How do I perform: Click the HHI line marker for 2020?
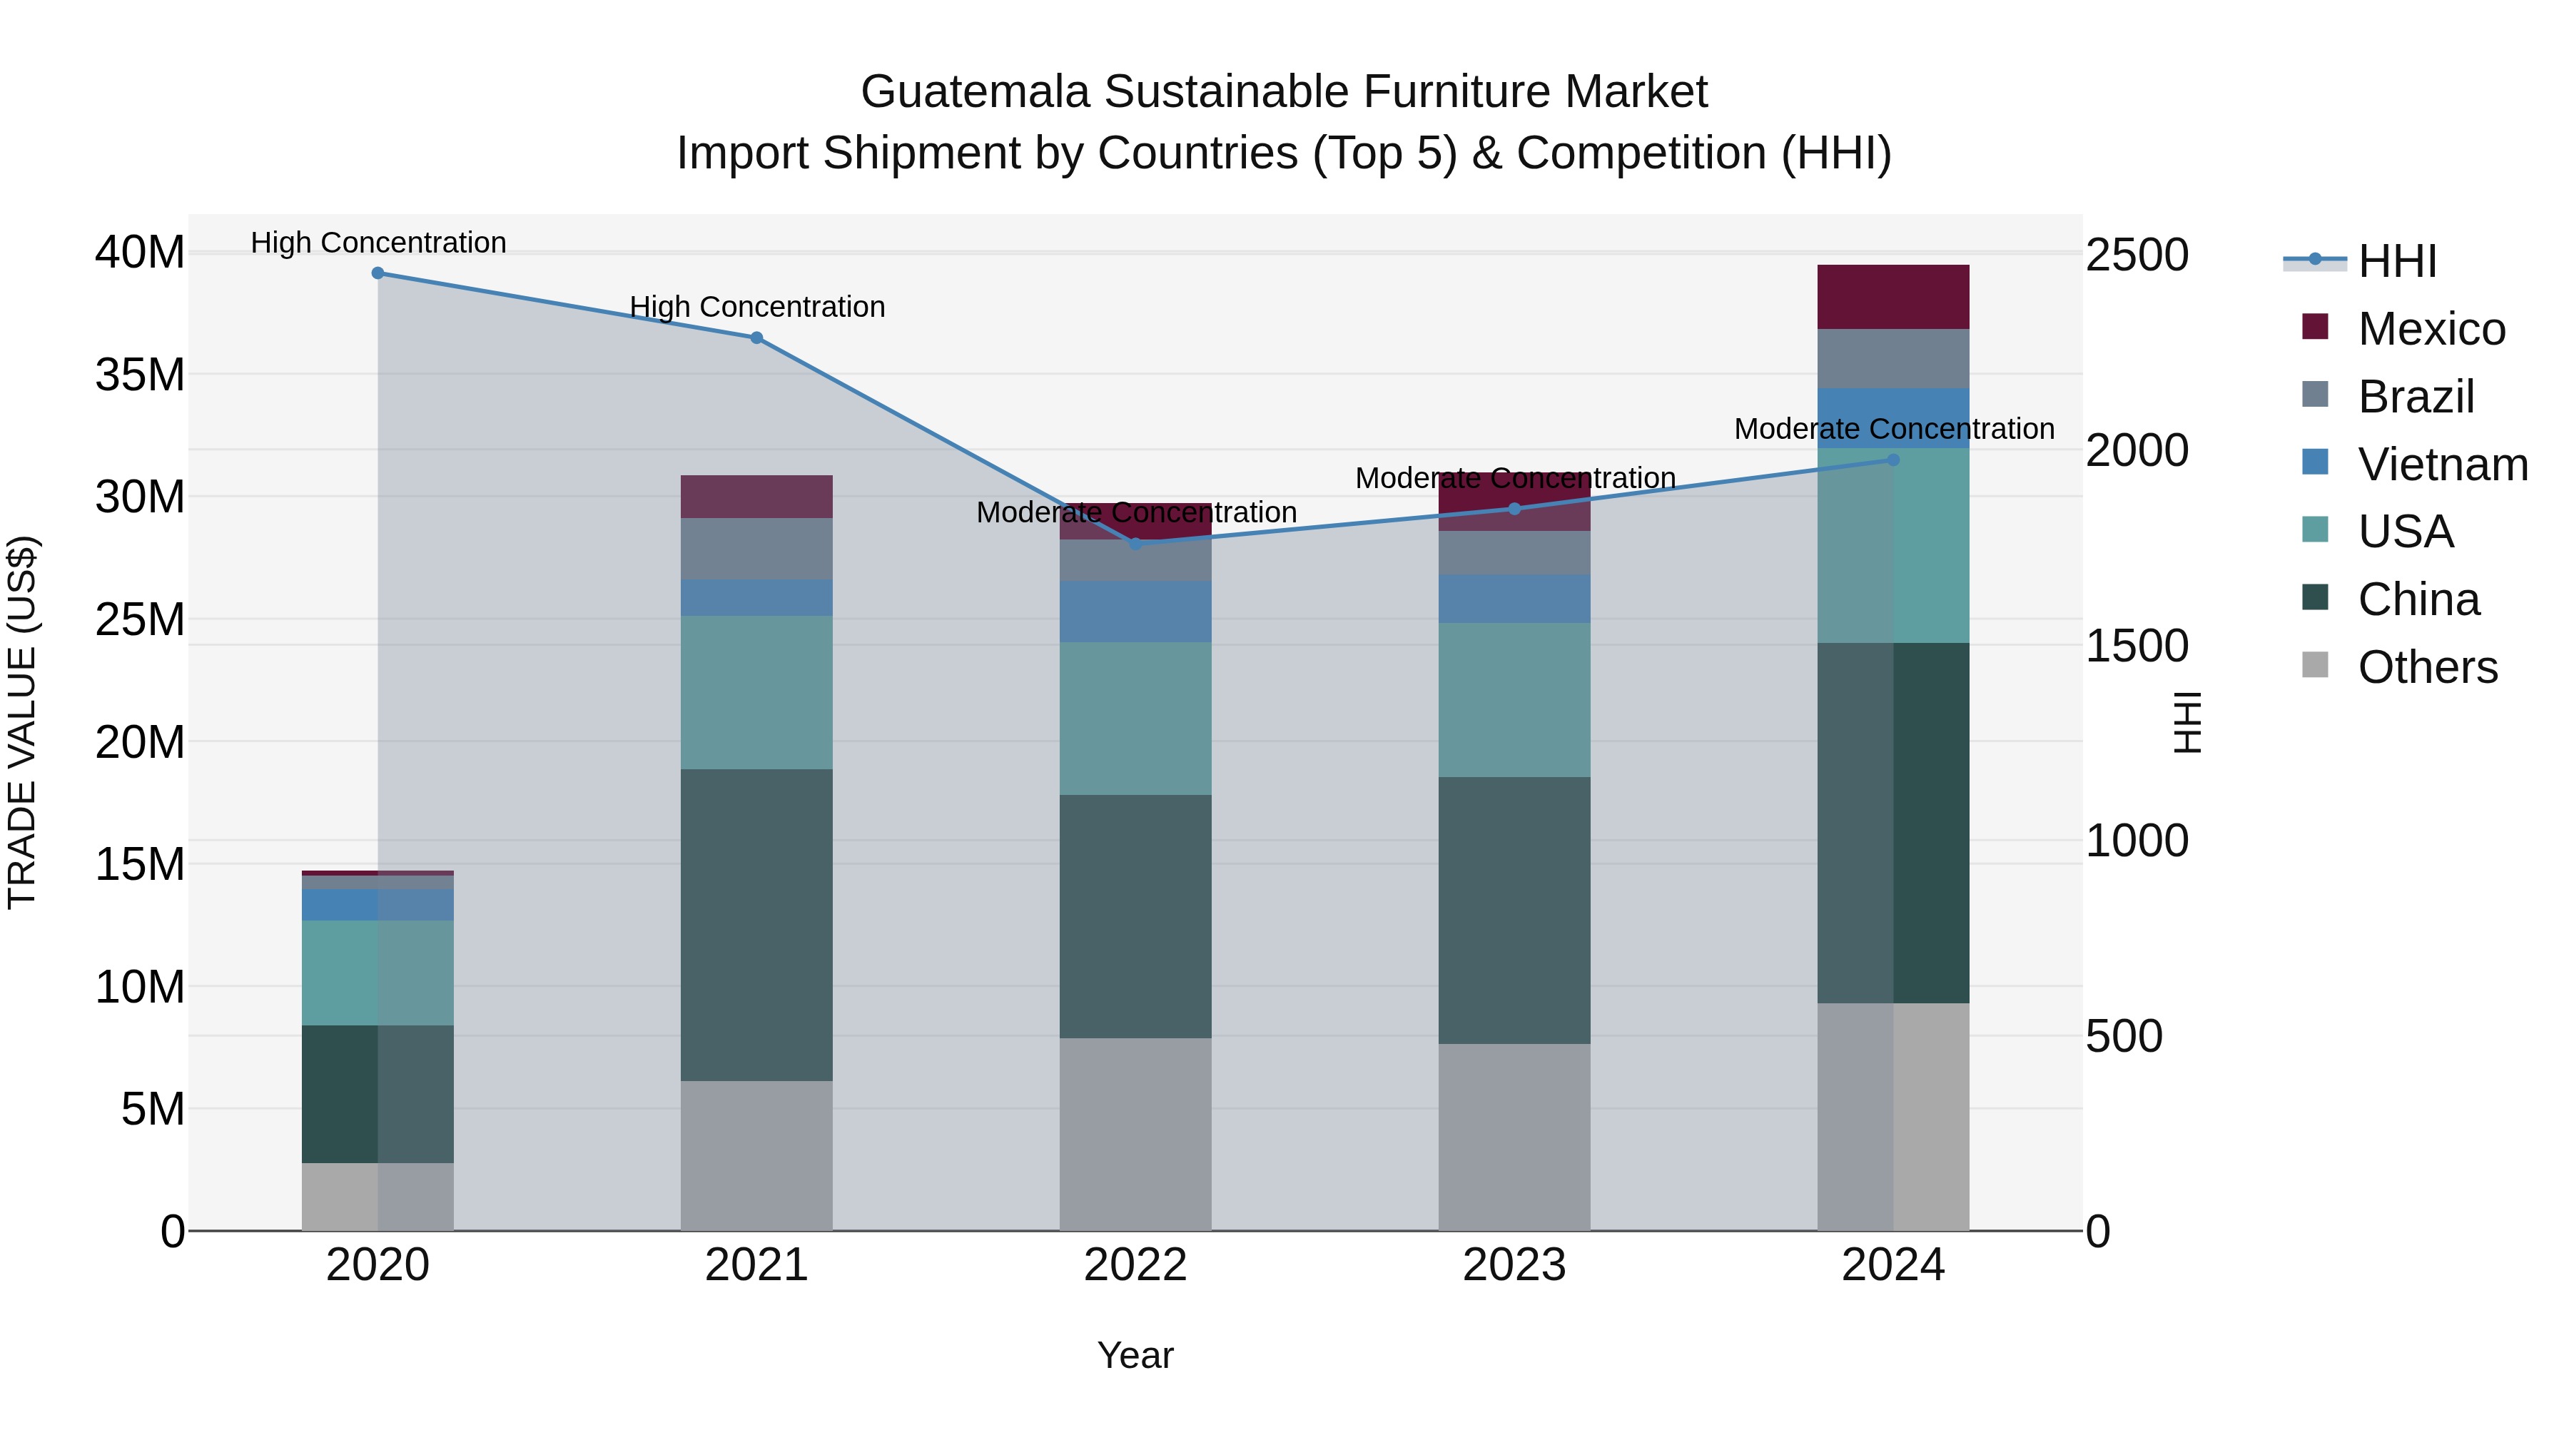tap(378, 273)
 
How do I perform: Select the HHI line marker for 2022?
tap(1135, 544)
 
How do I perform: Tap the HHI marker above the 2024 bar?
tap(1892, 460)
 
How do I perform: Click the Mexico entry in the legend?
tap(2431, 329)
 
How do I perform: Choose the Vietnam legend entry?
tap(2441, 465)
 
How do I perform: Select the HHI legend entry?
tap(2396, 261)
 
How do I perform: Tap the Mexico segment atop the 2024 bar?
tap(1892, 297)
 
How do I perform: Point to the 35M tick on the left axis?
tap(140, 375)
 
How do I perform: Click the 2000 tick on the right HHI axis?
tap(2136, 451)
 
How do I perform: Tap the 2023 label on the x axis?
tap(1514, 1265)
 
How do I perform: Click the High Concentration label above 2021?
tap(757, 307)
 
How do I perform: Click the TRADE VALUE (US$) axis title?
tap(22, 722)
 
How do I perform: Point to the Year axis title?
tap(1135, 1355)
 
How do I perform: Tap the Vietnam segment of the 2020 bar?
tap(378, 905)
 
